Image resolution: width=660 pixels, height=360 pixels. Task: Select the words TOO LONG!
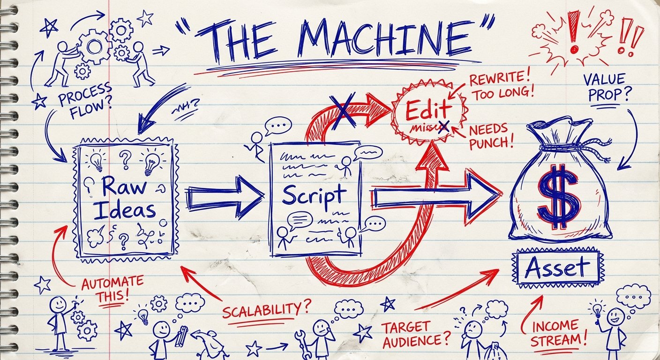tap(503, 91)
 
